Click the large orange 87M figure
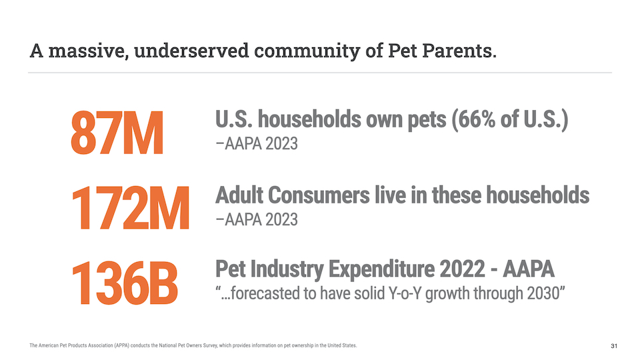click(117, 134)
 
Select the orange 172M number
click(130, 208)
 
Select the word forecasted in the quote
click(265, 293)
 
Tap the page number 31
click(614, 346)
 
